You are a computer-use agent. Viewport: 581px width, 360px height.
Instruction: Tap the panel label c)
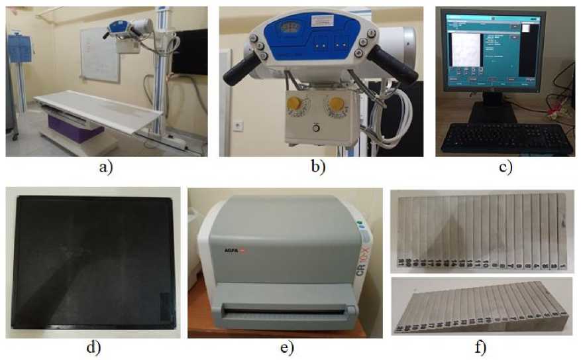(x=505, y=168)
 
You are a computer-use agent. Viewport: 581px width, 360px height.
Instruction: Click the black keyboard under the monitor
(x=506, y=138)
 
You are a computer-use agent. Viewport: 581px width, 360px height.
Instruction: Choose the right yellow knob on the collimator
(x=337, y=104)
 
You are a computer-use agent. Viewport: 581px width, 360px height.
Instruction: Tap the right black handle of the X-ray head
(x=393, y=62)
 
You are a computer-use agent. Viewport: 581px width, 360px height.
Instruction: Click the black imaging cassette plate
(x=93, y=262)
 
